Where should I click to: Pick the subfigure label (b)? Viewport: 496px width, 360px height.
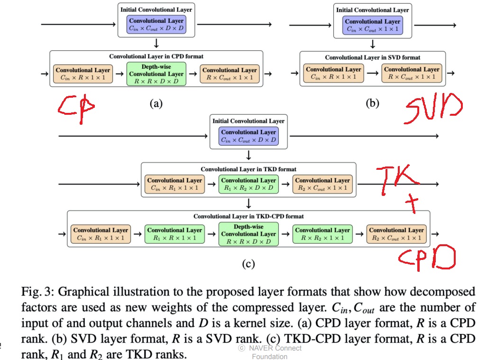click(372, 103)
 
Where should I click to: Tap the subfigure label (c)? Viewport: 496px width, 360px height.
click(248, 264)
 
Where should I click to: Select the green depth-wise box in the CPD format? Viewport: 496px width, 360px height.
click(156, 74)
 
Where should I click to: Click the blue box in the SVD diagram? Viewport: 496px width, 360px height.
click(372, 25)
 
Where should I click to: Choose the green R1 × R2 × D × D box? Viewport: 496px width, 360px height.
click(248, 184)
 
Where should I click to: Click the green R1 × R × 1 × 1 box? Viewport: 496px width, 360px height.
click(175, 234)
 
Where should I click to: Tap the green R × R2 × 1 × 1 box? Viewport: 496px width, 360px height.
click(322, 234)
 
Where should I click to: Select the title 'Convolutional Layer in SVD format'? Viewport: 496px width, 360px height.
click(372, 57)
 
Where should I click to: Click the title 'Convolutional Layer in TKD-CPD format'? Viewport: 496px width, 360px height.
click(248, 216)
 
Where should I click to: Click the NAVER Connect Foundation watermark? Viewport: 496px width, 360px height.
click(269, 352)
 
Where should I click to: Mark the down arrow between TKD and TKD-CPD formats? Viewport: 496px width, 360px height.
click(248, 203)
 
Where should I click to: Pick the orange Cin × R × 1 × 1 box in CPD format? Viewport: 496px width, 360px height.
click(83, 74)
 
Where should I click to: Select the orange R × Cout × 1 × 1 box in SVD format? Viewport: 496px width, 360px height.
click(412, 73)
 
